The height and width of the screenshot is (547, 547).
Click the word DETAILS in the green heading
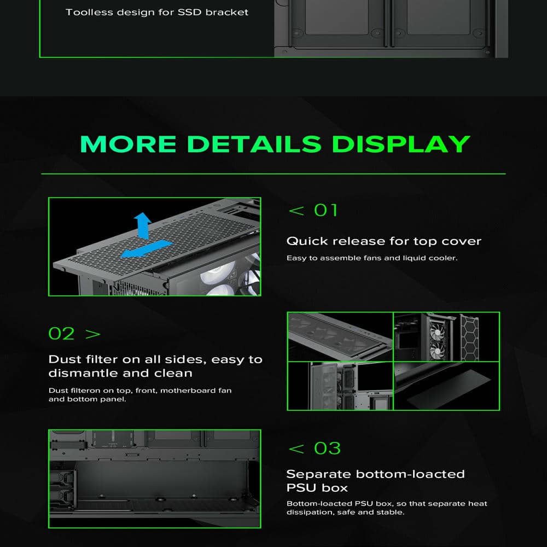(254, 144)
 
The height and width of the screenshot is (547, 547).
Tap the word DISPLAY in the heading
(401, 144)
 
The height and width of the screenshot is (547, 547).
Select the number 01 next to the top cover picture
(326, 211)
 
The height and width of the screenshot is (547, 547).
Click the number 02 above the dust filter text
(61, 334)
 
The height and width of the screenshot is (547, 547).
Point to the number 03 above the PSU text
(327, 449)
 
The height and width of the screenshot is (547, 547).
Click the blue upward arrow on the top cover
(143, 225)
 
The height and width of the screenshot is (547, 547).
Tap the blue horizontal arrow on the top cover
(147, 248)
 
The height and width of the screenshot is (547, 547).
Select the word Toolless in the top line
(89, 12)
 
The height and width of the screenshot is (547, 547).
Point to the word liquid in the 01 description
(414, 258)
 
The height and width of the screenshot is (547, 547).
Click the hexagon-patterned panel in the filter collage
(469, 337)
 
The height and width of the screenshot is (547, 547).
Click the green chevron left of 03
(296, 449)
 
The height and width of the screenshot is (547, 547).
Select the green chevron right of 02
(93, 334)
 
